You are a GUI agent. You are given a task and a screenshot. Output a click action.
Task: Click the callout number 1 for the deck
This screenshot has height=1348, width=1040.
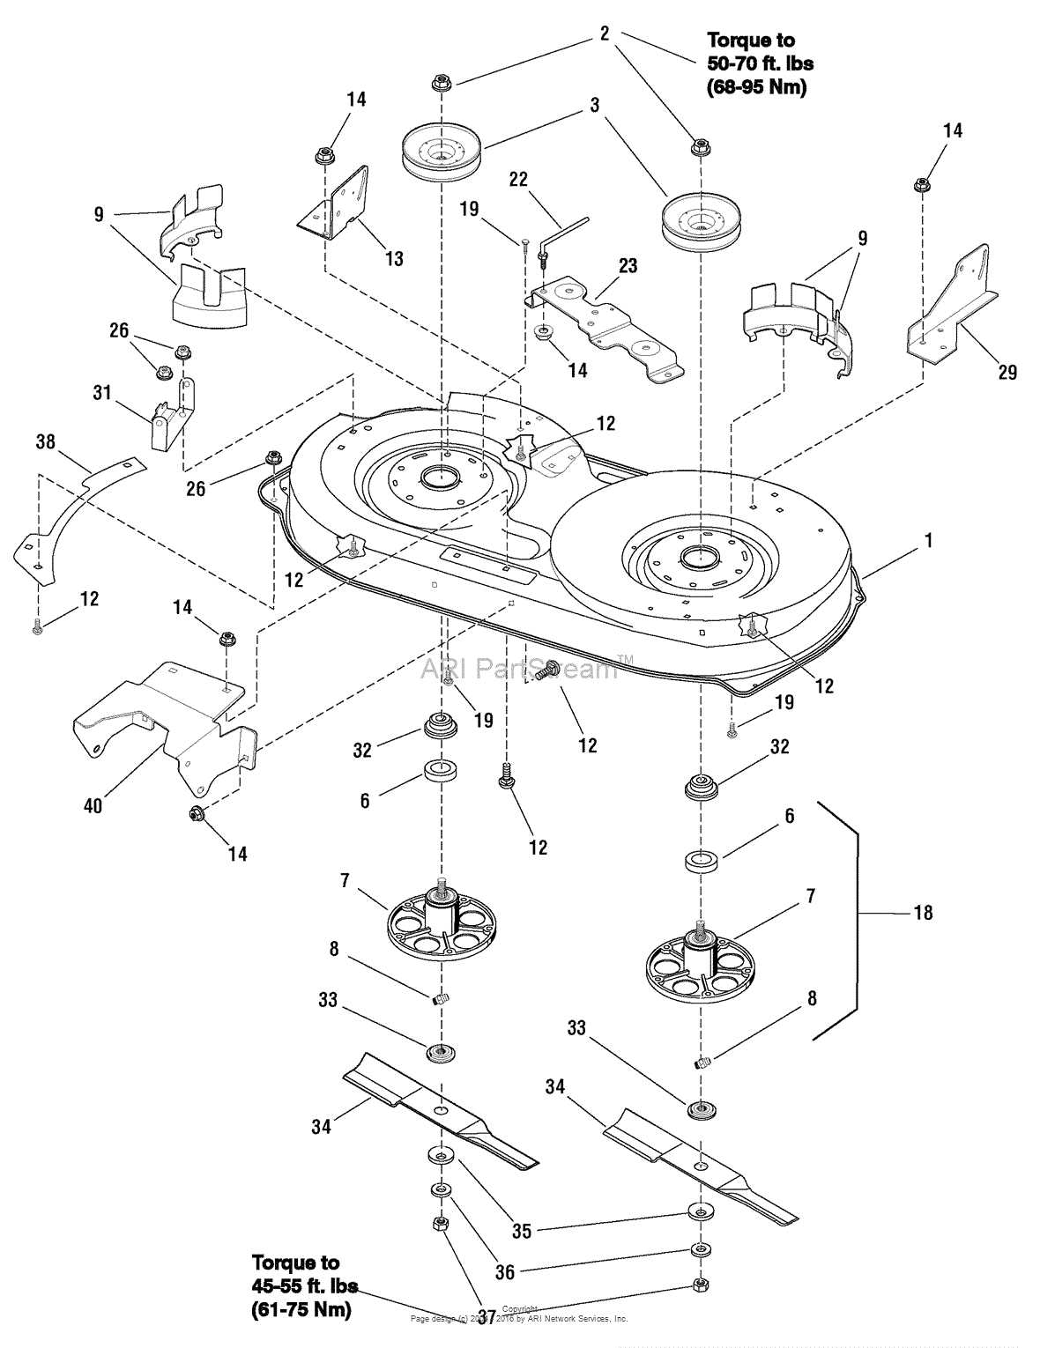(927, 541)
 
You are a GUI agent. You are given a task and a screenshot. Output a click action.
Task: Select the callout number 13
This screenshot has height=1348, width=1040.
(394, 258)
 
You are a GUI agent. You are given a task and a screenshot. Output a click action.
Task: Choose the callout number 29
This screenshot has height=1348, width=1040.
(1007, 373)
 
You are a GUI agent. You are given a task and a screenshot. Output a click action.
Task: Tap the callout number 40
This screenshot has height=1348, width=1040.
(93, 805)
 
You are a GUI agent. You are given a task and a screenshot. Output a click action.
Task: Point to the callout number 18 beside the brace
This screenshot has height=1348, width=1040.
(922, 913)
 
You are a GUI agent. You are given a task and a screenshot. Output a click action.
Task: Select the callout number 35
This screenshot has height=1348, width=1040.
(522, 1230)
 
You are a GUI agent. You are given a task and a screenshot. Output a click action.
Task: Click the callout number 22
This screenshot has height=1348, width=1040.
(519, 179)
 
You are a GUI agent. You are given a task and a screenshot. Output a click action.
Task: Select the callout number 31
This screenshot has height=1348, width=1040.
(103, 392)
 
